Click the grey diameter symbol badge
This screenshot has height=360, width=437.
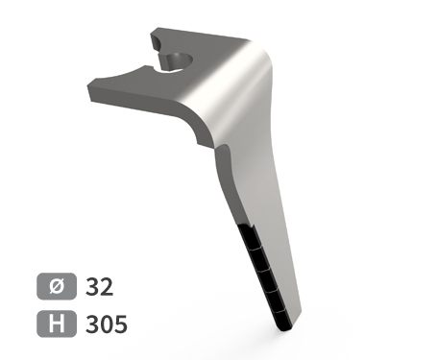coord(57,286)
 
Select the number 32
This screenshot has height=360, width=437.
coord(99,287)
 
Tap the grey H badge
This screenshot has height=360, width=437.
coord(57,324)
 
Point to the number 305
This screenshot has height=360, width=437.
coord(107,324)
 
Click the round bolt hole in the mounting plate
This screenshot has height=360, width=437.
coord(180,60)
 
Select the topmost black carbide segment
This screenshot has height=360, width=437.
coord(248,236)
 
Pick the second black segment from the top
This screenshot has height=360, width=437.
coord(257,258)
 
